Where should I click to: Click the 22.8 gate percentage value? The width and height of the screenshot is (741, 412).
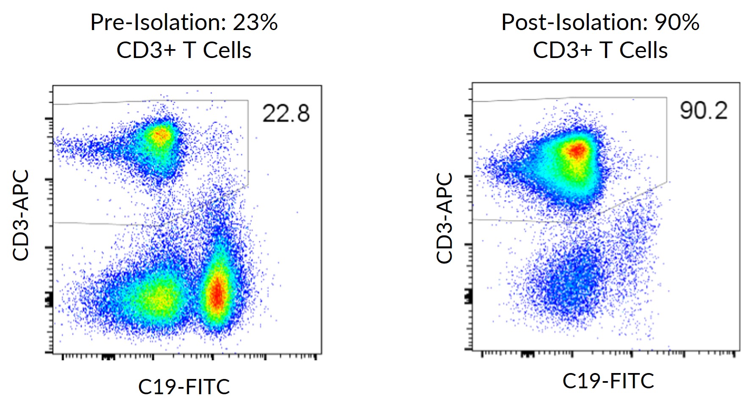(x=286, y=113)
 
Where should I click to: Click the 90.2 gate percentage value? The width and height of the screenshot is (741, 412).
(x=703, y=111)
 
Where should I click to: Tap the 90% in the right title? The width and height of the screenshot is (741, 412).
(x=677, y=22)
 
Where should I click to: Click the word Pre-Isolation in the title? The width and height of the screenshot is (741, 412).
(x=158, y=22)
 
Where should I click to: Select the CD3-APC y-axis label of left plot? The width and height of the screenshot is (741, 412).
(x=21, y=215)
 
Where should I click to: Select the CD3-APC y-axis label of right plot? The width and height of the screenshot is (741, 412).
(x=444, y=218)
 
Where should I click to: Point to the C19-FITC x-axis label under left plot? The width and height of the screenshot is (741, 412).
(x=184, y=386)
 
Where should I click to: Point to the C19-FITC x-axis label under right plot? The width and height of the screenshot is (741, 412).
(x=608, y=381)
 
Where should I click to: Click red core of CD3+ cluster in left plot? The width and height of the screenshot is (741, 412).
(x=161, y=135)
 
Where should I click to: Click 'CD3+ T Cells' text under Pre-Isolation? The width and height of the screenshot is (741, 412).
(x=184, y=50)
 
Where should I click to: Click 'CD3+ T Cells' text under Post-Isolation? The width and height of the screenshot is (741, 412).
(x=600, y=50)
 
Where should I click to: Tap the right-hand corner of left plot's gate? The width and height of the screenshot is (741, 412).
(x=248, y=185)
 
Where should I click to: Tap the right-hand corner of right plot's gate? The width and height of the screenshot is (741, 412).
(x=667, y=182)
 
